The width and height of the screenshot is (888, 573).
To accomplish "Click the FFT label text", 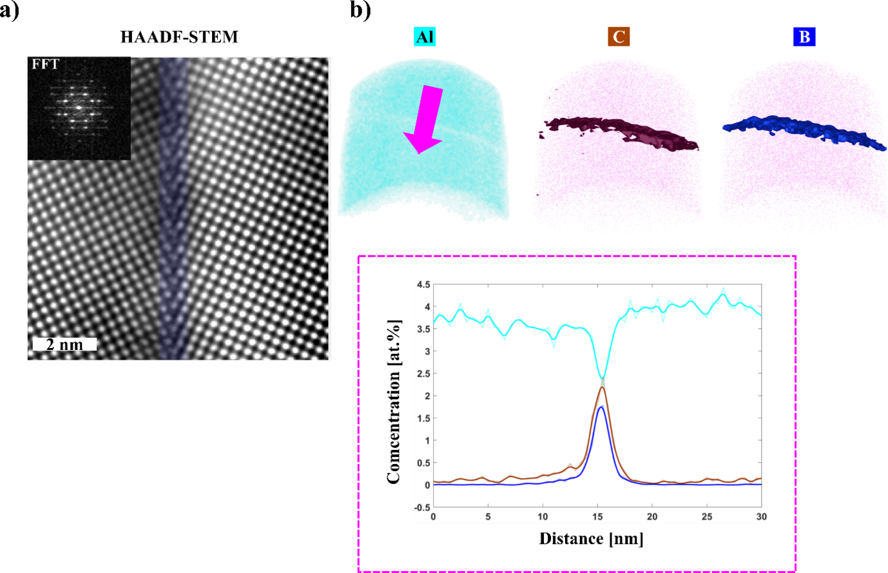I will pyautogui.click(x=45, y=64).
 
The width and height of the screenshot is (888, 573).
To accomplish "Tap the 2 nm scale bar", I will pyautogui.click(x=64, y=345).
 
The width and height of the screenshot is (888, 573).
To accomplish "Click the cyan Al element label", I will pyautogui.click(x=425, y=37).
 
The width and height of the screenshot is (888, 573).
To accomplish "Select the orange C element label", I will pyautogui.click(x=619, y=37).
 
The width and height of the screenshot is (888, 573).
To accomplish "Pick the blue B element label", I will pyautogui.click(x=804, y=37).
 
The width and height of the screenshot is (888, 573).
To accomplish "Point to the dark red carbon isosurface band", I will pyautogui.click(x=619, y=131).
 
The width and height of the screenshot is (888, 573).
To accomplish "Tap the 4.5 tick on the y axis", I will pyautogui.click(x=423, y=284).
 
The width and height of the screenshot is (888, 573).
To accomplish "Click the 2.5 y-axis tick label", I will pyautogui.click(x=423, y=374).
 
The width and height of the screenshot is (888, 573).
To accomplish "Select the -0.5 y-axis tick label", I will pyautogui.click(x=421, y=508).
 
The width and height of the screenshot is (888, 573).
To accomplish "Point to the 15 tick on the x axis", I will pyautogui.click(x=597, y=517).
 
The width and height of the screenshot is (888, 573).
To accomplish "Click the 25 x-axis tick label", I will pyautogui.click(x=707, y=517).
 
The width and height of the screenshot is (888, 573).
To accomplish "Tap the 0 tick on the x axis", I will pyautogui.click(x=433, y=517).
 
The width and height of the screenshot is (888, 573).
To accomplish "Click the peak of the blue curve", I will pyautogui.click(x=601, y=407).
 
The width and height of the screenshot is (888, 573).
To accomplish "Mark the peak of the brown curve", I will pyautogui.click(x=602, y=387).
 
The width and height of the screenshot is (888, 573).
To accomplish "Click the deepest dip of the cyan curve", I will pyautogui.click(x=602, y=378).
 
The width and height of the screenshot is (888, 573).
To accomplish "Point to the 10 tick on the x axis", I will pyautogui.click(x=543, y=517).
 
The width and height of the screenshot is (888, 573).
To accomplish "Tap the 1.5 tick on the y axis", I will pyautogui.click(x=423, y=418).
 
